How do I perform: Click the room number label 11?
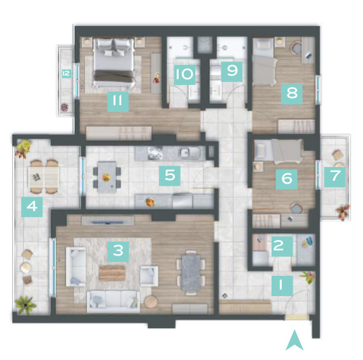[x=118, y=102]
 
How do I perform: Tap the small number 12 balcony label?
[x=66, y=73]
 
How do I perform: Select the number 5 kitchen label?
[x=170, y=176]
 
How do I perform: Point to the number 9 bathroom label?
[x=232, y=71]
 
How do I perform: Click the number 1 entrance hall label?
[x=282, y=285]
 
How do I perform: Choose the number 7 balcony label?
[x=335, y=177]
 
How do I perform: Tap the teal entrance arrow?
[x=294, y=340]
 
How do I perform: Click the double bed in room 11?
[x=114, y=63]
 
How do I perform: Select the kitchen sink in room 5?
[x=189, y=152]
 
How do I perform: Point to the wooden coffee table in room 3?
[x=113, y=273]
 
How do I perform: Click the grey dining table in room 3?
[x=191, y=273]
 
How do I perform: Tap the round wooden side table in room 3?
[x=151, y=302]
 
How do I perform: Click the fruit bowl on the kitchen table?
[x=106, y=177]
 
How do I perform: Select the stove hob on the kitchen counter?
[x=155, y=153]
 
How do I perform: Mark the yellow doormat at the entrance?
[x=297, y=317]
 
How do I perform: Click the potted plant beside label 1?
[x=307, y=277]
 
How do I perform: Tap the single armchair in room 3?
[x=149, y=276]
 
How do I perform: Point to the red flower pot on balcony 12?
[x=65, y=107]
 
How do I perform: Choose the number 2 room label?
[x=282, y=246]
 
